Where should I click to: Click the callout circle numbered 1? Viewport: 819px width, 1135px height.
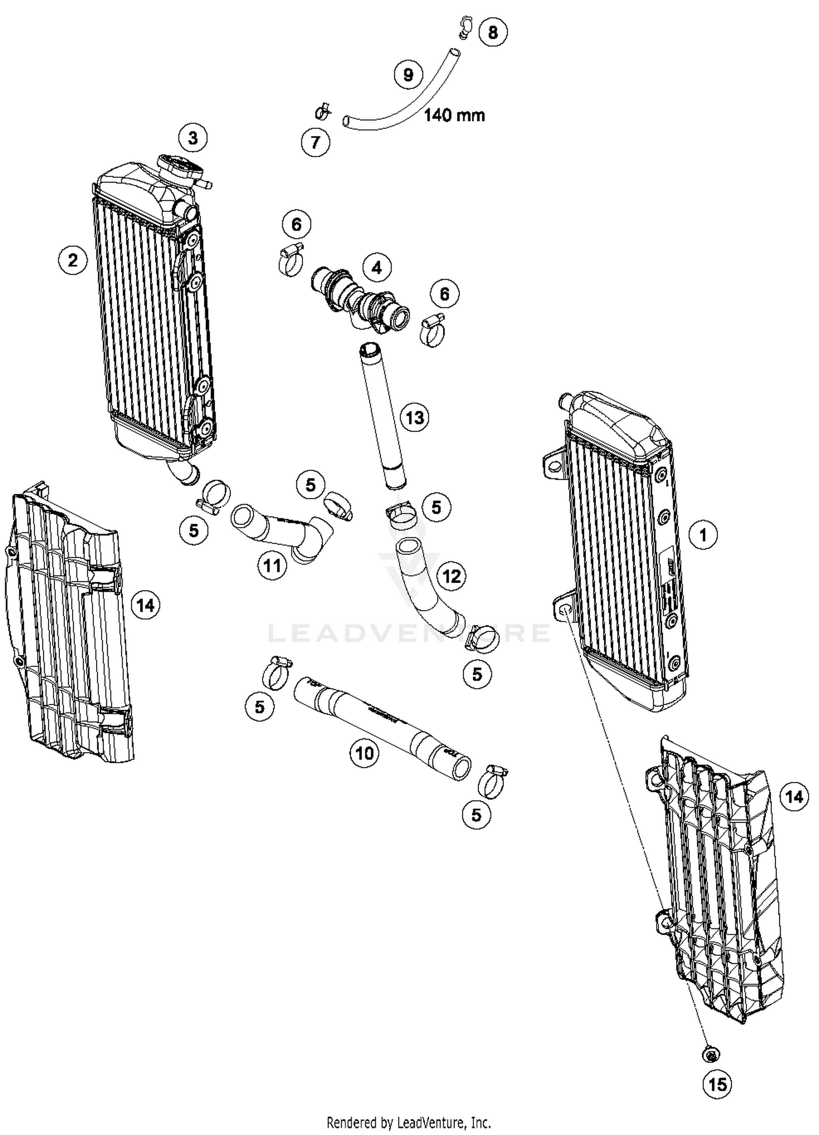click(703, 535)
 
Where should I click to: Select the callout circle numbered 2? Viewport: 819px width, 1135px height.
click(73, 260)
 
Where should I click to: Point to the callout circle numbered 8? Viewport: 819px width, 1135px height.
click(492, 32)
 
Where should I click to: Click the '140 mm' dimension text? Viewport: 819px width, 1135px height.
click(454, 115)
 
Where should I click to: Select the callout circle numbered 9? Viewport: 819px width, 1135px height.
click(408, 74)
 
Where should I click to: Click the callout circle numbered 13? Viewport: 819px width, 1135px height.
click(415, 418)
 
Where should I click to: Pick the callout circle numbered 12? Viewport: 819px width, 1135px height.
click(452, 576)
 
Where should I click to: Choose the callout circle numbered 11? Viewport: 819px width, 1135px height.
click(272, 566)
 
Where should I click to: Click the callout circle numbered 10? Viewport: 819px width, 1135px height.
click(365, 754)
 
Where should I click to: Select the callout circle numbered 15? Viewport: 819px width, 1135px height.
click(717, 1084)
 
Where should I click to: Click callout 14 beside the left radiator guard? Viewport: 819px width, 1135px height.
click(146, 605)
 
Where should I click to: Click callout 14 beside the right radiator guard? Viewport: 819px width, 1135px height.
click(794, 797)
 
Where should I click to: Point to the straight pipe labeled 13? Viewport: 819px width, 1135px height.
click(382, 415)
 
